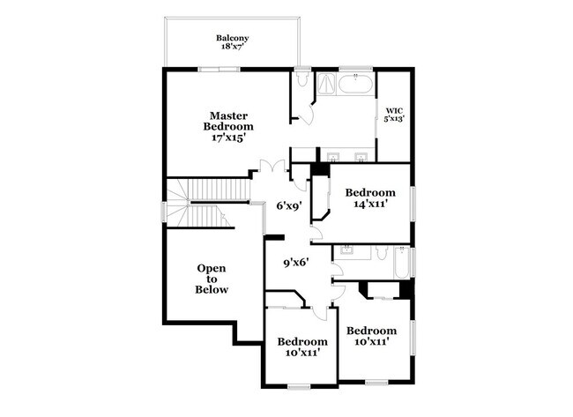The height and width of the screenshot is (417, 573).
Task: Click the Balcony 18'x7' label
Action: [x=233, y=43]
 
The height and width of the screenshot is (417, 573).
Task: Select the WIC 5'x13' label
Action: [x=393, y=115]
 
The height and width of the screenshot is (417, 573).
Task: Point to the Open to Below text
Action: [x=212, y=279]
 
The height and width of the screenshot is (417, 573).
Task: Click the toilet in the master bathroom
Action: [x=302, y=81]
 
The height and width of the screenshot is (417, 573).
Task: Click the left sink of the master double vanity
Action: [x=332, y=158]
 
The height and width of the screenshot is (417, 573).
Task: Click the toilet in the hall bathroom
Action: [x=380, y=254]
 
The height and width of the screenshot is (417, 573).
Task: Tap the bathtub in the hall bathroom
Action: [x=401, y=262]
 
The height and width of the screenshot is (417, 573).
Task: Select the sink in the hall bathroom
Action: [x=346, y=252]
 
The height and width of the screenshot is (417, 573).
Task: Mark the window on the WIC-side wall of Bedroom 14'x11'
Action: [x=412, y=198]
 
